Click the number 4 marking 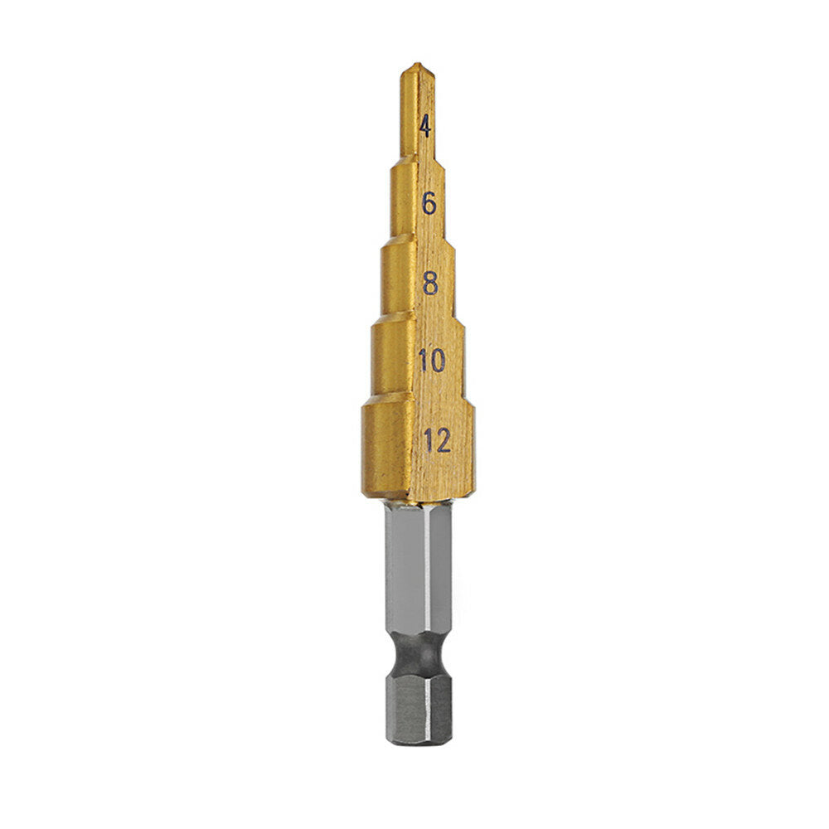425,128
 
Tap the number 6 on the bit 429,202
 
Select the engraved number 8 430,284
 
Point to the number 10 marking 432,361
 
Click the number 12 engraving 436,440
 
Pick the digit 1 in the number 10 423,361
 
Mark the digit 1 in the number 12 428,440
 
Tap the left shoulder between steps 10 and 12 366,401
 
